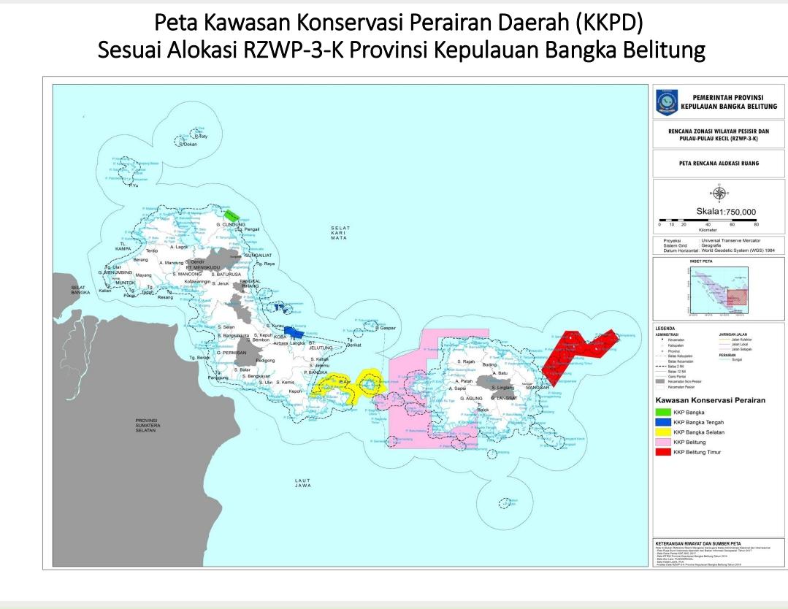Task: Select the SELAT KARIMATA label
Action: (340, 233)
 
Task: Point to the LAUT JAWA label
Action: (303, 483)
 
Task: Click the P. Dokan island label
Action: (188, 145)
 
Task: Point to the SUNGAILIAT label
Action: (258, 255)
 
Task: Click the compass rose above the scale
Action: (719, 193)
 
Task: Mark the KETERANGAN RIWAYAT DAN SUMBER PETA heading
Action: (697, 543)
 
